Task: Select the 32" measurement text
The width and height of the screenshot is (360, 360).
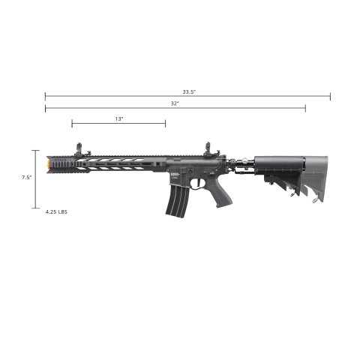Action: [174, 103]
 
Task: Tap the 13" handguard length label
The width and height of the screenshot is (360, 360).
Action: [118, 118]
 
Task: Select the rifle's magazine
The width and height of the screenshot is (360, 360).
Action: [174, 199]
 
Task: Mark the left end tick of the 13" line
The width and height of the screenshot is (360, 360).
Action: [73, 124]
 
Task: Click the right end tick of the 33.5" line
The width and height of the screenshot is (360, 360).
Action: [330, 96]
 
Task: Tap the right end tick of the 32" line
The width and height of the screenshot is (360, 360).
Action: [305, 109]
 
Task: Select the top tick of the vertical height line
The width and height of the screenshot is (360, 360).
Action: [34, 151]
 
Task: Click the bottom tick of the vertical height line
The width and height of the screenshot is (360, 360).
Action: [34, 208]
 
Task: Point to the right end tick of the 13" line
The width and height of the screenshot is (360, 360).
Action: [165, 124]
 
